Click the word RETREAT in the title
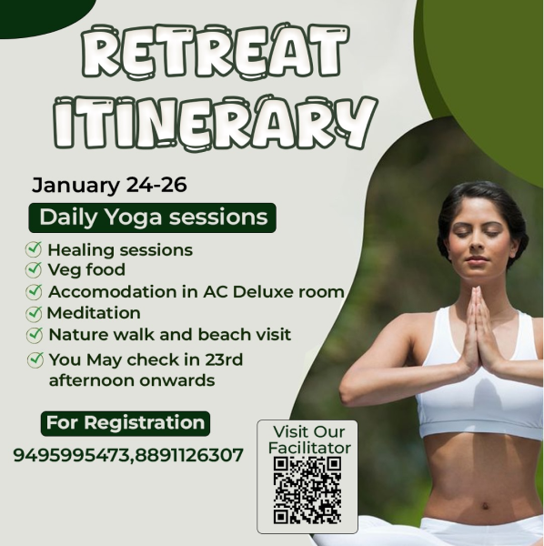[x=216, y=52]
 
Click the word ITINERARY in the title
[x=216, y=123]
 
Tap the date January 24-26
[x=109, y=185]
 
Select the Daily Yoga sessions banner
[x=152, y=217]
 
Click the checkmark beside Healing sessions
[x=34, y=249]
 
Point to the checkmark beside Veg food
[x=34, y=269]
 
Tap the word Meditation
[x=94, y=313]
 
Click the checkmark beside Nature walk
[x=35, y=335]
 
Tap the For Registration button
[x=126, y=423]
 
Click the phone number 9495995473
[x=71, y=455]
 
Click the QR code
[x=307, y=490]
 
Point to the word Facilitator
[x=309, y=448]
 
